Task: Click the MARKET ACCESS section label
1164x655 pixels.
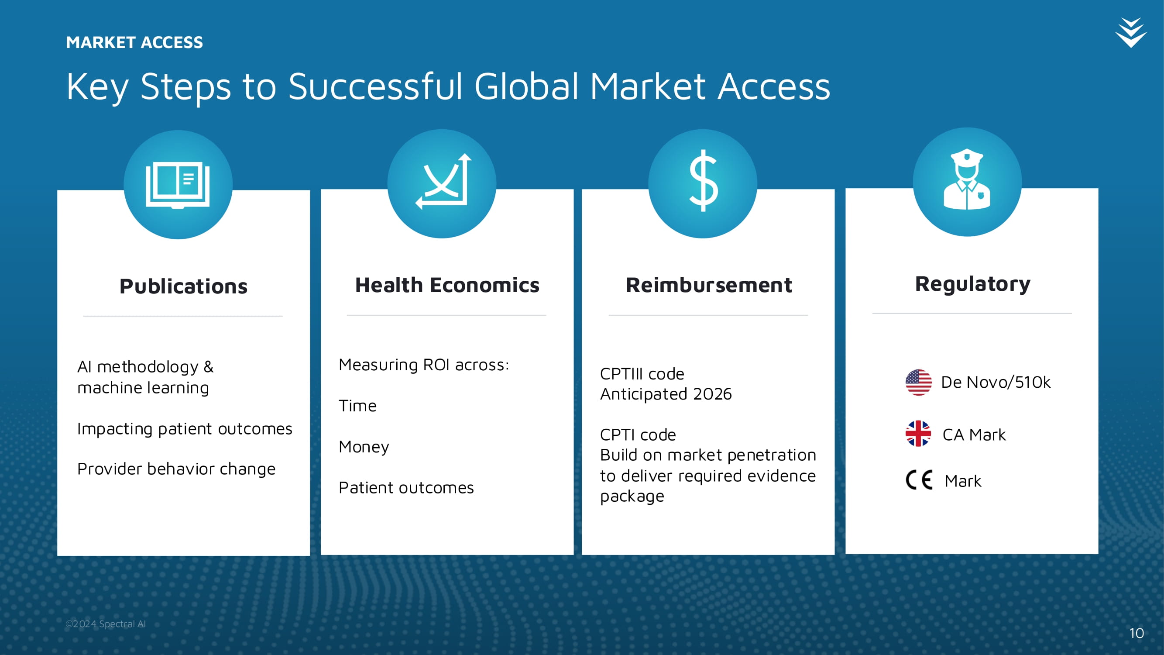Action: click(134, 42)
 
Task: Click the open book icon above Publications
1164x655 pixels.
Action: click(178, 185)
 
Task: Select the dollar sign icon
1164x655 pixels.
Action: click(703, 180)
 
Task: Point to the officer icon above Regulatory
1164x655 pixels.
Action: click(967, 179)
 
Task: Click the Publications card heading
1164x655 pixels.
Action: click(183, 286)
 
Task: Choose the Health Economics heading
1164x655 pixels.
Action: click(447, 285)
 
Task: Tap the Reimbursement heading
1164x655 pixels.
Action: click(708, 285)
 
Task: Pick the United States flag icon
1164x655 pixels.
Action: click(918, 383)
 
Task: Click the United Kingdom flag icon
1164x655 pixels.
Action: click(918, 434)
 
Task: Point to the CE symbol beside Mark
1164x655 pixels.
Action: click(919, 480)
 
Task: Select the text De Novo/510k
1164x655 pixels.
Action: click(996, 383)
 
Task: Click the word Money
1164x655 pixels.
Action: click(364, 447)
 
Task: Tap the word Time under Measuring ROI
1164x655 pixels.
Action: click(357, 406)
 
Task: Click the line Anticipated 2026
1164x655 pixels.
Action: click(666, 394)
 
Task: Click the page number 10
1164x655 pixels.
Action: click(1137, 633)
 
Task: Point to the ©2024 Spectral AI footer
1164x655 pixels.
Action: click(106, 624)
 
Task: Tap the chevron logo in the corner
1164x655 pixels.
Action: click(1130, 33)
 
